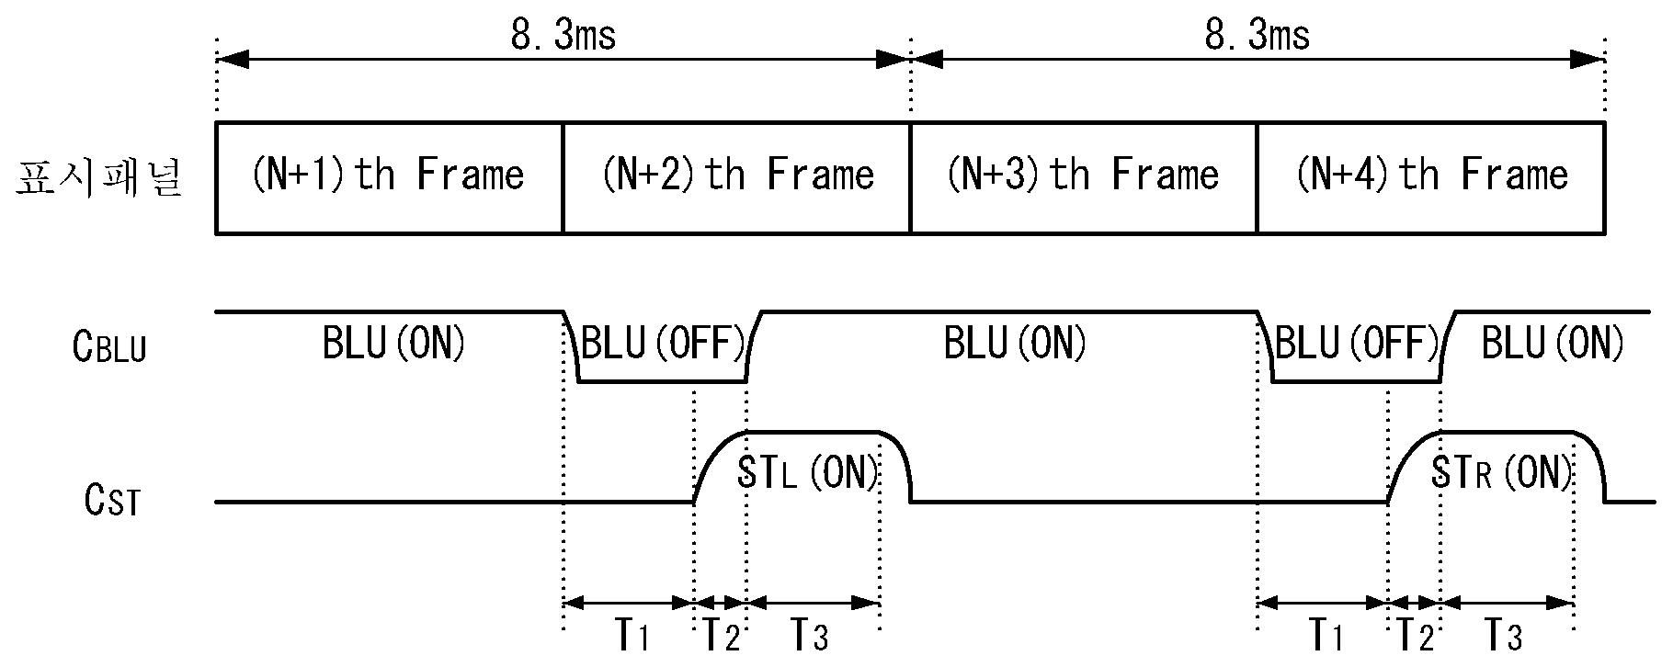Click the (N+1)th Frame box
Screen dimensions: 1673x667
click(x=389, y=177)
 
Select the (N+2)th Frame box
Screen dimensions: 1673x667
click(x=736, y=177)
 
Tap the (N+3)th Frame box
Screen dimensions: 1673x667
click(x=1084, y=177)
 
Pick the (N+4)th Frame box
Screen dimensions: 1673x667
click(x=1431, y=177)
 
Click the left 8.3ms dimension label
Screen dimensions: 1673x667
click(x=563, y=36)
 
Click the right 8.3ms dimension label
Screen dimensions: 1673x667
click(x=1258, y=36)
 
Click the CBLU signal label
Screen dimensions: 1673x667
click(x=109, y=346)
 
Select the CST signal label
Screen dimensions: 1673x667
click(x=112, y=501)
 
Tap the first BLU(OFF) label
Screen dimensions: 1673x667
click(x=662, y=344)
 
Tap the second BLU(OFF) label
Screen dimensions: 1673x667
click(x=1356, y=344)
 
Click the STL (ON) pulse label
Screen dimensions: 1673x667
click(x=808, y=472)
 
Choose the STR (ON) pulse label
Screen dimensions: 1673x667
click(x=1502, y=472)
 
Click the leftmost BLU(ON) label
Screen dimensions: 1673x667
click(x=393, y=344)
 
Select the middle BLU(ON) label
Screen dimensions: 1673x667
click(x=1015, y=344)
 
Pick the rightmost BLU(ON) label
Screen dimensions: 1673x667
click(x=1553, y=344)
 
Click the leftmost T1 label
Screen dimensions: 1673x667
click(x=632, y=635)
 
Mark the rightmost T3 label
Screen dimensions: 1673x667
click(x=1505, y=635)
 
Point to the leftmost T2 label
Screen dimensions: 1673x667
click(x=721, y=635)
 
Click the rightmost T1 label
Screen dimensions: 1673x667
click(x=1326, y=635)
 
